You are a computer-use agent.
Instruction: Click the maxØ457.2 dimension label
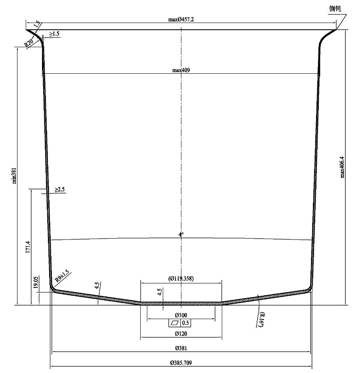point(181,19)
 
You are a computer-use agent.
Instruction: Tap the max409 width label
point(181,70)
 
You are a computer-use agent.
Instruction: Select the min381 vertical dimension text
point(14,176)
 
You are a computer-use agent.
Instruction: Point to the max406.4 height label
point(342,167)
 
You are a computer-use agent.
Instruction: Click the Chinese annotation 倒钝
point(335,9)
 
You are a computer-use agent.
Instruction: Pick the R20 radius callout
point(29,43)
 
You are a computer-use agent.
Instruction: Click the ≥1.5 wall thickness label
point(54,34)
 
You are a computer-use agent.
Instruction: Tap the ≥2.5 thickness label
point(60,189)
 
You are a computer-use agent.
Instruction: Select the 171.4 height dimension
point(28,247)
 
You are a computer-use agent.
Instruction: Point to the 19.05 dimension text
point(36,282)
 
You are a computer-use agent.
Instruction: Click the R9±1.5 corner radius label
point(62,276)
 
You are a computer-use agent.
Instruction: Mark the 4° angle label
point(181,235)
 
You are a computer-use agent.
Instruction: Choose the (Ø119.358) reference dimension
point(181,278)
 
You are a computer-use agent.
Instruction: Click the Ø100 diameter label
point(181,315)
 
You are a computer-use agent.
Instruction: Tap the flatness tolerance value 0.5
point(185,323)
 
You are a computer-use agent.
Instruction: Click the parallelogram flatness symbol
point(175,323)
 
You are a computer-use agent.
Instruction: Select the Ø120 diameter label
point(181,334)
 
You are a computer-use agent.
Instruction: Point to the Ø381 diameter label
point(181,348)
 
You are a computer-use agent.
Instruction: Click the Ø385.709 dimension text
point(181,363)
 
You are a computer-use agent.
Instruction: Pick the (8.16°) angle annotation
point(261,319)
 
